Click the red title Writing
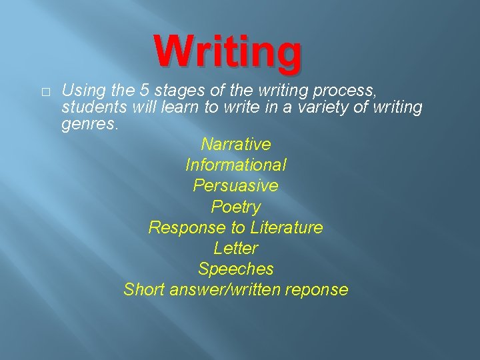click(x=228, y=53)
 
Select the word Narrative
click(x=235, y=144)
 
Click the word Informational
click(x=236, y=165)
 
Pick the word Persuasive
click(x=235, y=185)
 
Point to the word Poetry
click(x=235, y=207)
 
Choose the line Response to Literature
click(x=235, y=227)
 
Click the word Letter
click(x=235, y=248)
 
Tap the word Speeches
click(x=235, y=269)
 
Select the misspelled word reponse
click(x=317, y=290)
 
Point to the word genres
click(x=89, y=124)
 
